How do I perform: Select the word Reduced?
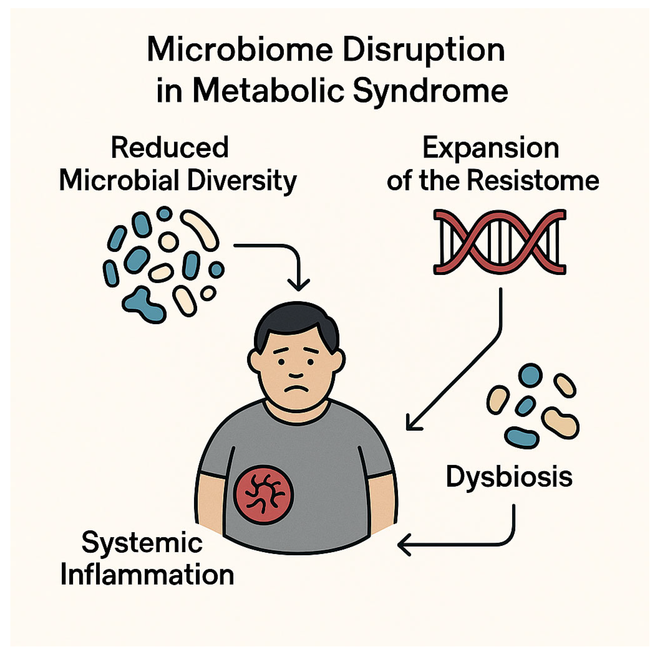[x=170, y=148]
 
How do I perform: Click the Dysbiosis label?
[x=509, y=477]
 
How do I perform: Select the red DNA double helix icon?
[x=499, y=242]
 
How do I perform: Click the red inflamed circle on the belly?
[x=263, y=495]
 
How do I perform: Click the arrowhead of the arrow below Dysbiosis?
[x=403, y=545]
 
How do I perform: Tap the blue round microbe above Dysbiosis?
[x=530, y=375]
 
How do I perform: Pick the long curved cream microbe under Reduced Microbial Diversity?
[x=200, y=230]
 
